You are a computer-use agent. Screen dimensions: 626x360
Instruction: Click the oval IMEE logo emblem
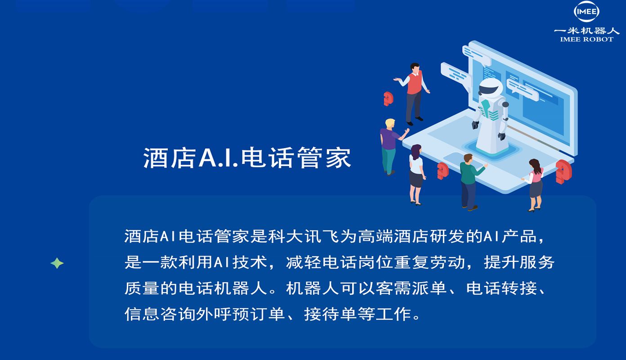click(586, 11)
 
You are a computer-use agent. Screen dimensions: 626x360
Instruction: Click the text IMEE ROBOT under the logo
click(586, 40)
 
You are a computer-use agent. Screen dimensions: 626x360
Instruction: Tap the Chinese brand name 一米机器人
click(586, 31)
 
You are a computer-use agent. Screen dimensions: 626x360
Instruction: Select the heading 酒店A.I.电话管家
click(247, 158)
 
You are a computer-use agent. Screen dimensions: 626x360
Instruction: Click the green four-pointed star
click(57, 263)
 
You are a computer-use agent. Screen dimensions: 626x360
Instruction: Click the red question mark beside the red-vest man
click(388, 99)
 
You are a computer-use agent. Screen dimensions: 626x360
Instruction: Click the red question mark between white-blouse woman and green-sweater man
click(443, 171)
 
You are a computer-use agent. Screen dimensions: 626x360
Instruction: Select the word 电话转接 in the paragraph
click(501, 288)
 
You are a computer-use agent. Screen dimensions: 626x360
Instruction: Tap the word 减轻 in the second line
click(303, 262)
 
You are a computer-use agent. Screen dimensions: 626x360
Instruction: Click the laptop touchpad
click(458, 159)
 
